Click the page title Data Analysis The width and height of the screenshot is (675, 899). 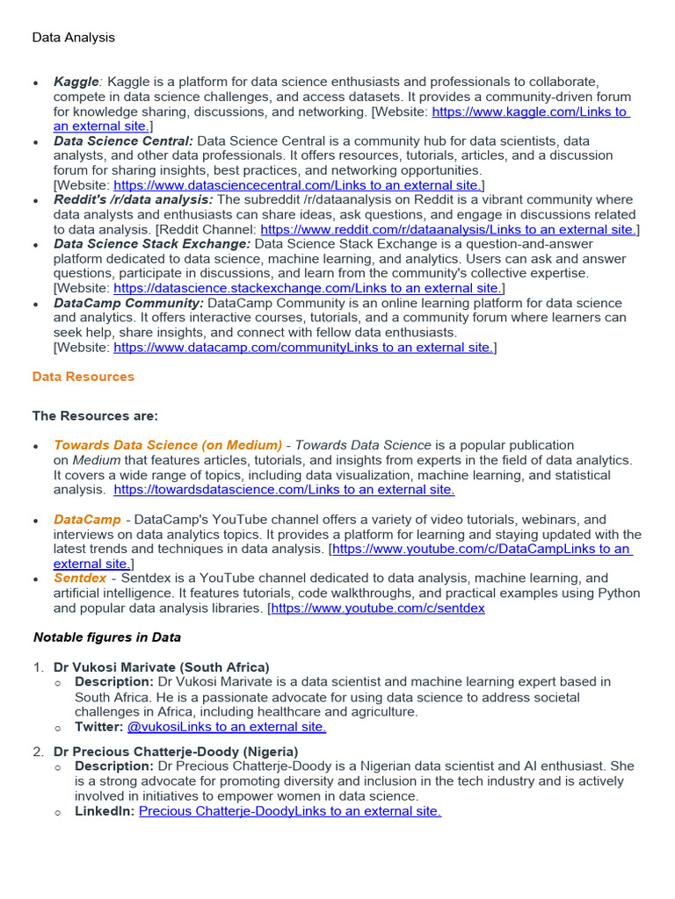click(74, 38)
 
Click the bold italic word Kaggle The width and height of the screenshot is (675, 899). click(76, 82)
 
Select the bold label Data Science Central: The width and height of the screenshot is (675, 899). click(123, 140)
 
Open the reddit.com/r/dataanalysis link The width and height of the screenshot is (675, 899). click(447, 229)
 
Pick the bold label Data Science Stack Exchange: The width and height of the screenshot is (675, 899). click(152, 244)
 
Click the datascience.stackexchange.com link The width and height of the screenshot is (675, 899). click(308, 288)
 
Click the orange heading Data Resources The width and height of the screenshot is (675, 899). click(83, 377)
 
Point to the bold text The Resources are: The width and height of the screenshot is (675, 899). click(95, 415)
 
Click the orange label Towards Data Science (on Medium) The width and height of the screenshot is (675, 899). click(168, 445)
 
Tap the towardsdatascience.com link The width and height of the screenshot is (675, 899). click(284, 490)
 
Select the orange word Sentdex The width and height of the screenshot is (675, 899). click(80, 579)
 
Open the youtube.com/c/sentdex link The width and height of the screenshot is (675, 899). click(378, 608)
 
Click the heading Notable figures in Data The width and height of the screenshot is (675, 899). click(107, 637)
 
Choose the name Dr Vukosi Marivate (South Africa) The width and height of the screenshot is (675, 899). click(162, 667)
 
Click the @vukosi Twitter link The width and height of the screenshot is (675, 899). click(227, 726)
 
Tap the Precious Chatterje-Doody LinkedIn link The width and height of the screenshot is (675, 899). click(290, 811)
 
